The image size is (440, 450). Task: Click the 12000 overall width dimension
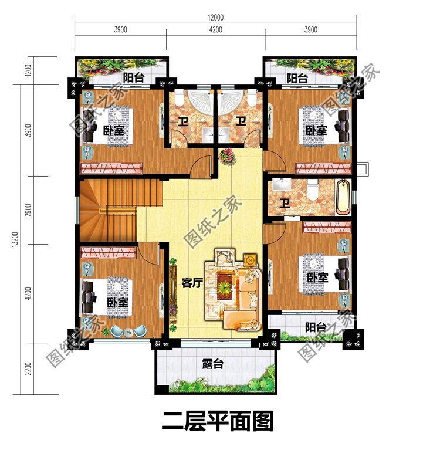(x=215, y=18)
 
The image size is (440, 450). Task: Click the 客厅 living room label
(x=192, y=283)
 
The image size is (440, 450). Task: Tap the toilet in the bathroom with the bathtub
(x=314, y=190)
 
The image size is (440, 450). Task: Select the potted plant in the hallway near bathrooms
(x=226, y=157)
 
